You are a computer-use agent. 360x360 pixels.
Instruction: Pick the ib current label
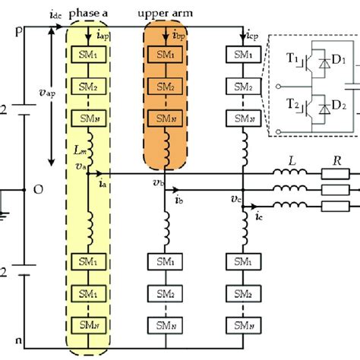[178, 201]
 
